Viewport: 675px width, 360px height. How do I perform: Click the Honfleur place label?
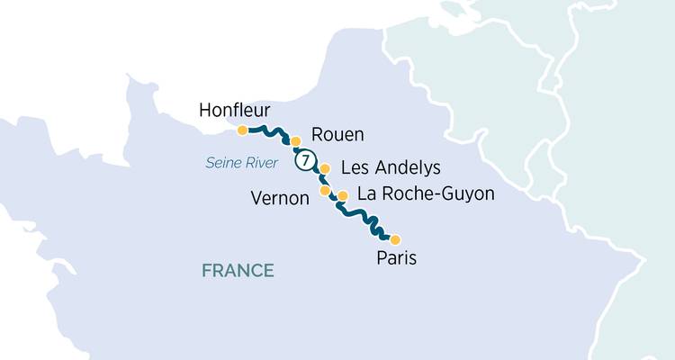pyautogui.click(x=232, y=110)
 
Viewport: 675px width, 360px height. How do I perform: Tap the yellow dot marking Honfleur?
pyautogui.click(x=242, y=130)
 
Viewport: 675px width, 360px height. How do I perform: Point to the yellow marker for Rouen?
pyautogui.click(x=295, y=141)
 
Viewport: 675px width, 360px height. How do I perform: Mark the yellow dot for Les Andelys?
pyautogui.click(x=325, y=168)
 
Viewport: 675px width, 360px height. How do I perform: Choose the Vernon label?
pyautogui.click(x=280, y=197)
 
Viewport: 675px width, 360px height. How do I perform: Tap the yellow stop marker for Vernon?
pyautogui.click(x=325, y=191)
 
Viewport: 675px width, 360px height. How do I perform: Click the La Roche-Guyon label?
pyautogui.click(x=426, y=193)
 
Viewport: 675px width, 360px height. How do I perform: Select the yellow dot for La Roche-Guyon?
pyautogui.click(x=342, y=195)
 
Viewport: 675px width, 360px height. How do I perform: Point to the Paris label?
pyautogui.click(x=398, y=258)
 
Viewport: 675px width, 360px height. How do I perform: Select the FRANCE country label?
pyautogui.click(x=238, y=270)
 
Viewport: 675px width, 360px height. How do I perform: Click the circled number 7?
pyautogui.click(x=307, y=161)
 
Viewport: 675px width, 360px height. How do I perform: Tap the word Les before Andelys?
pyautogui.click(x=354, y=168)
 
